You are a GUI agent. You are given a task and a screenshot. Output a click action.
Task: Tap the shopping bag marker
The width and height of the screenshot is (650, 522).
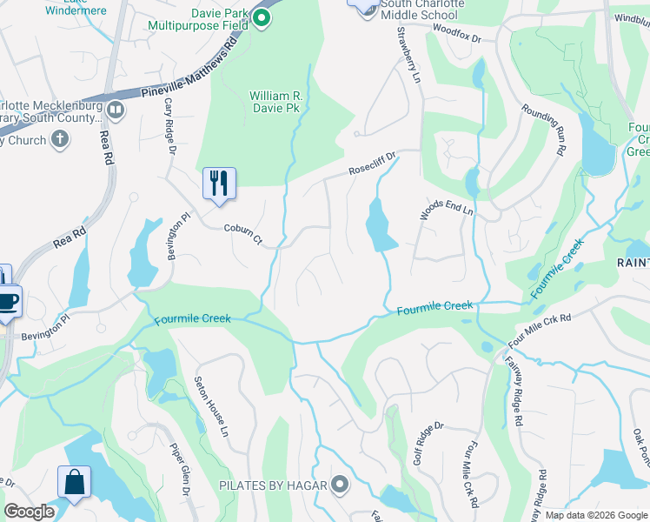(74, 482)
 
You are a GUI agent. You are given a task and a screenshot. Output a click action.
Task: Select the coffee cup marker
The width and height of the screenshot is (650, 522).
(8, 302)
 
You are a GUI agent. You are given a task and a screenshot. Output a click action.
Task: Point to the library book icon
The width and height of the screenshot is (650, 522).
(115, 110)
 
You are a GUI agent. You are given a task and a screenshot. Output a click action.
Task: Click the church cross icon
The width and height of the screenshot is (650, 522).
(60, 139)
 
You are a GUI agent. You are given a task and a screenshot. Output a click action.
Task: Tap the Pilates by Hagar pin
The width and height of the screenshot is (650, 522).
(339, 485)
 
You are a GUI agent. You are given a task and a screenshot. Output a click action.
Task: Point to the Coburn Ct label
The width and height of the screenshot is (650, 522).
(243, 232)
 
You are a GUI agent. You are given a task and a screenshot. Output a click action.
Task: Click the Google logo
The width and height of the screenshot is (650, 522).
(29, 512)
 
